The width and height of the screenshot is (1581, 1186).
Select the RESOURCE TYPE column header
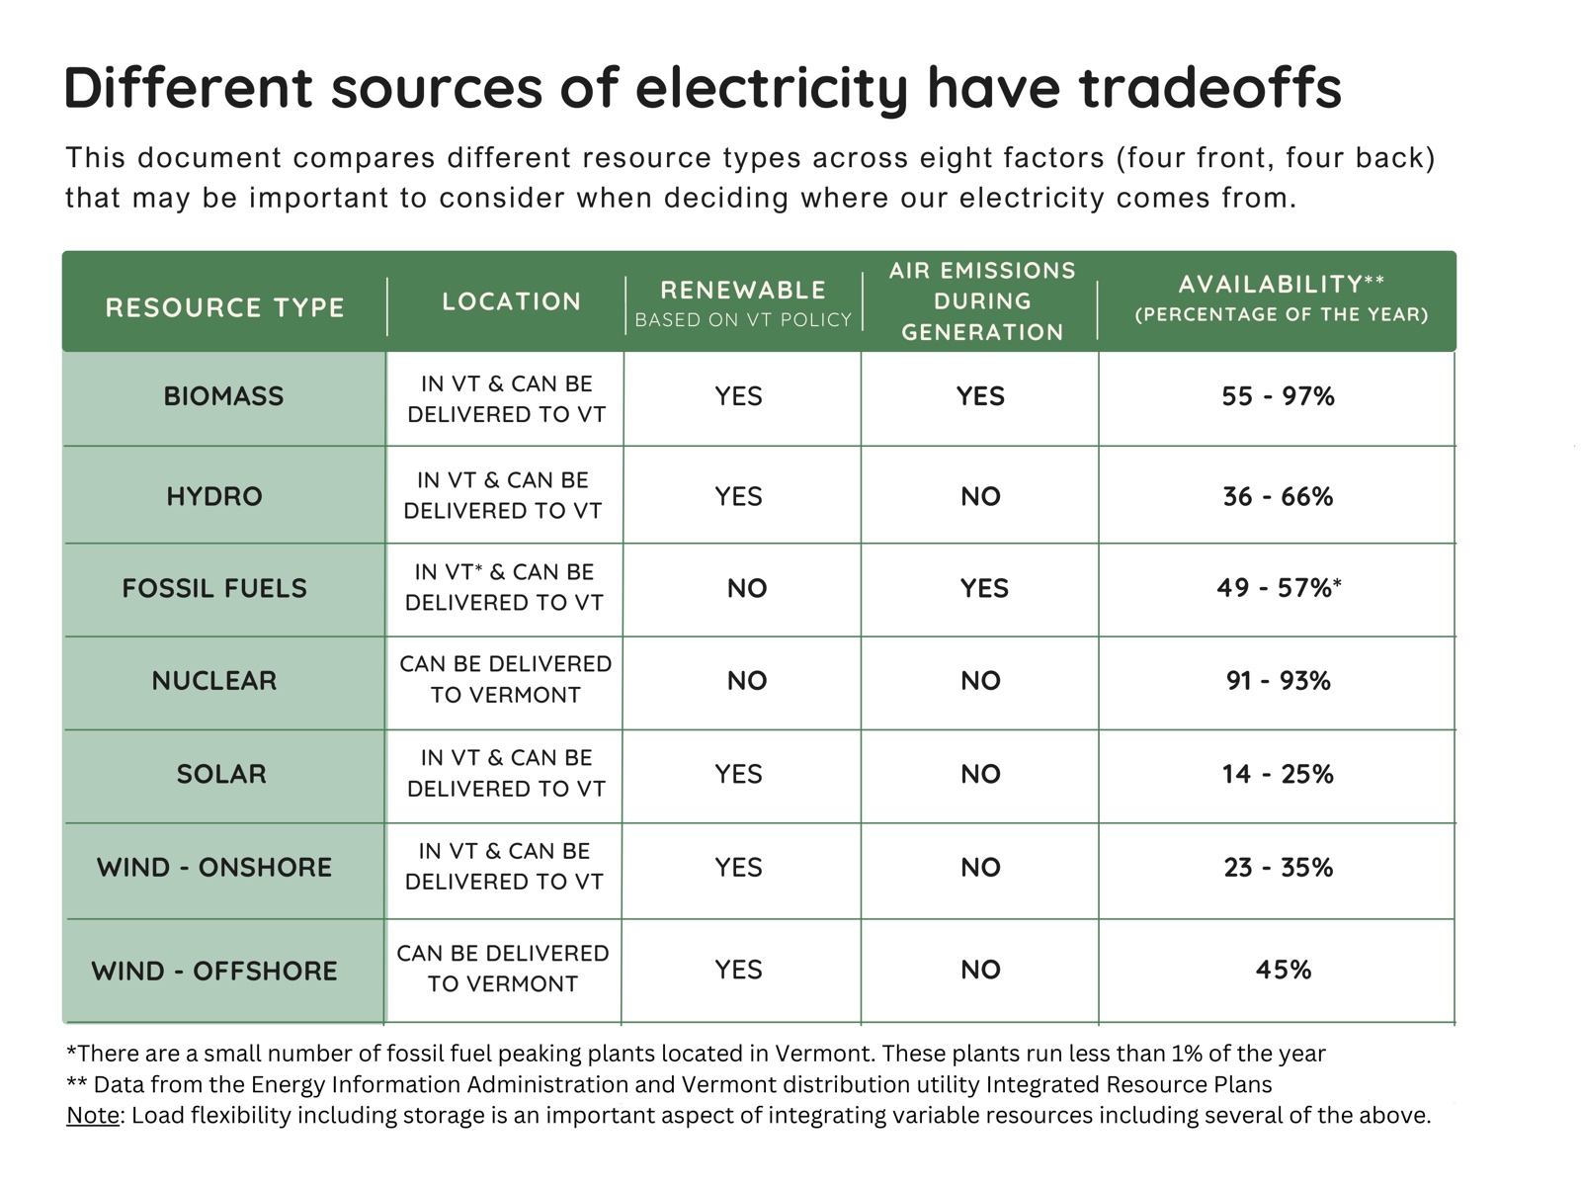pyautogui.click(x=224, y=307)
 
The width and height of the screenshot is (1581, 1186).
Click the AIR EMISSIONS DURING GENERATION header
pyautogui.click(x=982, y=301)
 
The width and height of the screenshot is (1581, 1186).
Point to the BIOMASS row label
pyautogui.click(x=223, y=396)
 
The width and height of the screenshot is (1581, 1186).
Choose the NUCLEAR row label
pyautogui.click(x=214, y=681)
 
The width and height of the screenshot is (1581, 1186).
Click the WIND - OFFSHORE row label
pyautogui.click(x=214, y=972)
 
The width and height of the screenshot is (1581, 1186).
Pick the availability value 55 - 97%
pyautogui.click(x=1278, y=396)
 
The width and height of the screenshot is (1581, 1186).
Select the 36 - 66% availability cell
pyautogui.click(x=1278, y=496)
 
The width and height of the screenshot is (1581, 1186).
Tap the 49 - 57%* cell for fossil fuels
pyautogui.click(x=1279, y=588)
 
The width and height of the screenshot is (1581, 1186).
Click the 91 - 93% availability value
pyautogui.click(x=1278, y=681)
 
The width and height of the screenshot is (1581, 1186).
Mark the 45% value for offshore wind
pyautogui.click(x=1283, y=970)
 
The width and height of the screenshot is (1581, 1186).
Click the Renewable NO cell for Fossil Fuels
pyautogui.click(x=747, y=589)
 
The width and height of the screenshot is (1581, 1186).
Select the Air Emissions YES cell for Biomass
pyautogui.click(x=980, y=396)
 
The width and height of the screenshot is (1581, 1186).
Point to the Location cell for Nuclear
pyautogui.click(x=505, y=680)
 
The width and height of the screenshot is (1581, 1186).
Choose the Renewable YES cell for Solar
pyautogui.click(x=739, y=774)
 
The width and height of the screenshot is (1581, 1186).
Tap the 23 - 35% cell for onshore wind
pyautogui.click(x=1278, y=868)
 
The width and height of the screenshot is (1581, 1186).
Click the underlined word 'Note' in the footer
pyautogui.click(x=92, y=1116)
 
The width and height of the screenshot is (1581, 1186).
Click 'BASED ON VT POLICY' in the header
pyautogui.click(x=743, y=320)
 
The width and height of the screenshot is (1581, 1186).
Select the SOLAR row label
pyautogui.click(x=221, y=774)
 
